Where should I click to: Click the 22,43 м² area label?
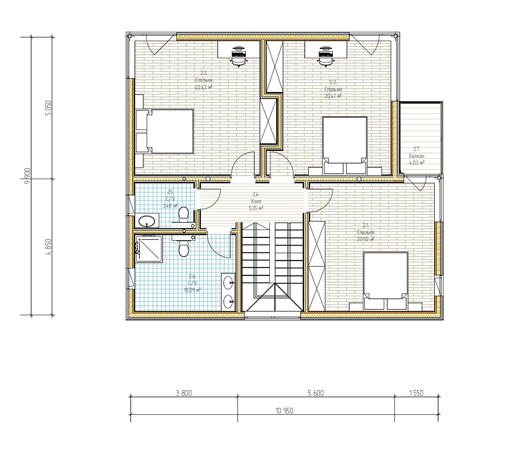coord(203,87)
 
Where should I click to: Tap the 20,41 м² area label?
coord(333,96)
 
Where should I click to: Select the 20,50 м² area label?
coord(366,239)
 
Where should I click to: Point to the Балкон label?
coord(416,156)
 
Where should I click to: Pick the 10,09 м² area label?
coord(192,290)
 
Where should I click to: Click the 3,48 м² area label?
coord(170,206)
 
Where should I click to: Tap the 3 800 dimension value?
coord(184,393)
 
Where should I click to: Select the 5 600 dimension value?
coord(316,393)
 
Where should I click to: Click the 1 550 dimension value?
coord(416,393)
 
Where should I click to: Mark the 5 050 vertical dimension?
coord(48,108)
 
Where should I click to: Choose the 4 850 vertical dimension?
coord(48,247)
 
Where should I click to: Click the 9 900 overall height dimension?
coord(27,176)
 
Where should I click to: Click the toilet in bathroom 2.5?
coord(184,214)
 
